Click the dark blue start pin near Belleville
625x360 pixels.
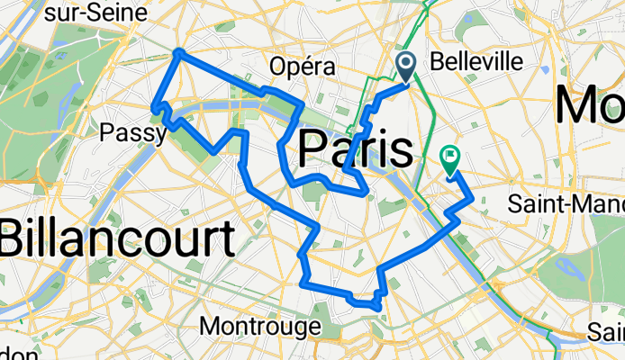click(405, 66)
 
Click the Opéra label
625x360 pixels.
click(303, 67)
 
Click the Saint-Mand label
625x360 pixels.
click(566, 203)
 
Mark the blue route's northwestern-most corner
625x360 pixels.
click(178, 52)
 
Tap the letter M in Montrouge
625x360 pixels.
click(213, 324)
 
